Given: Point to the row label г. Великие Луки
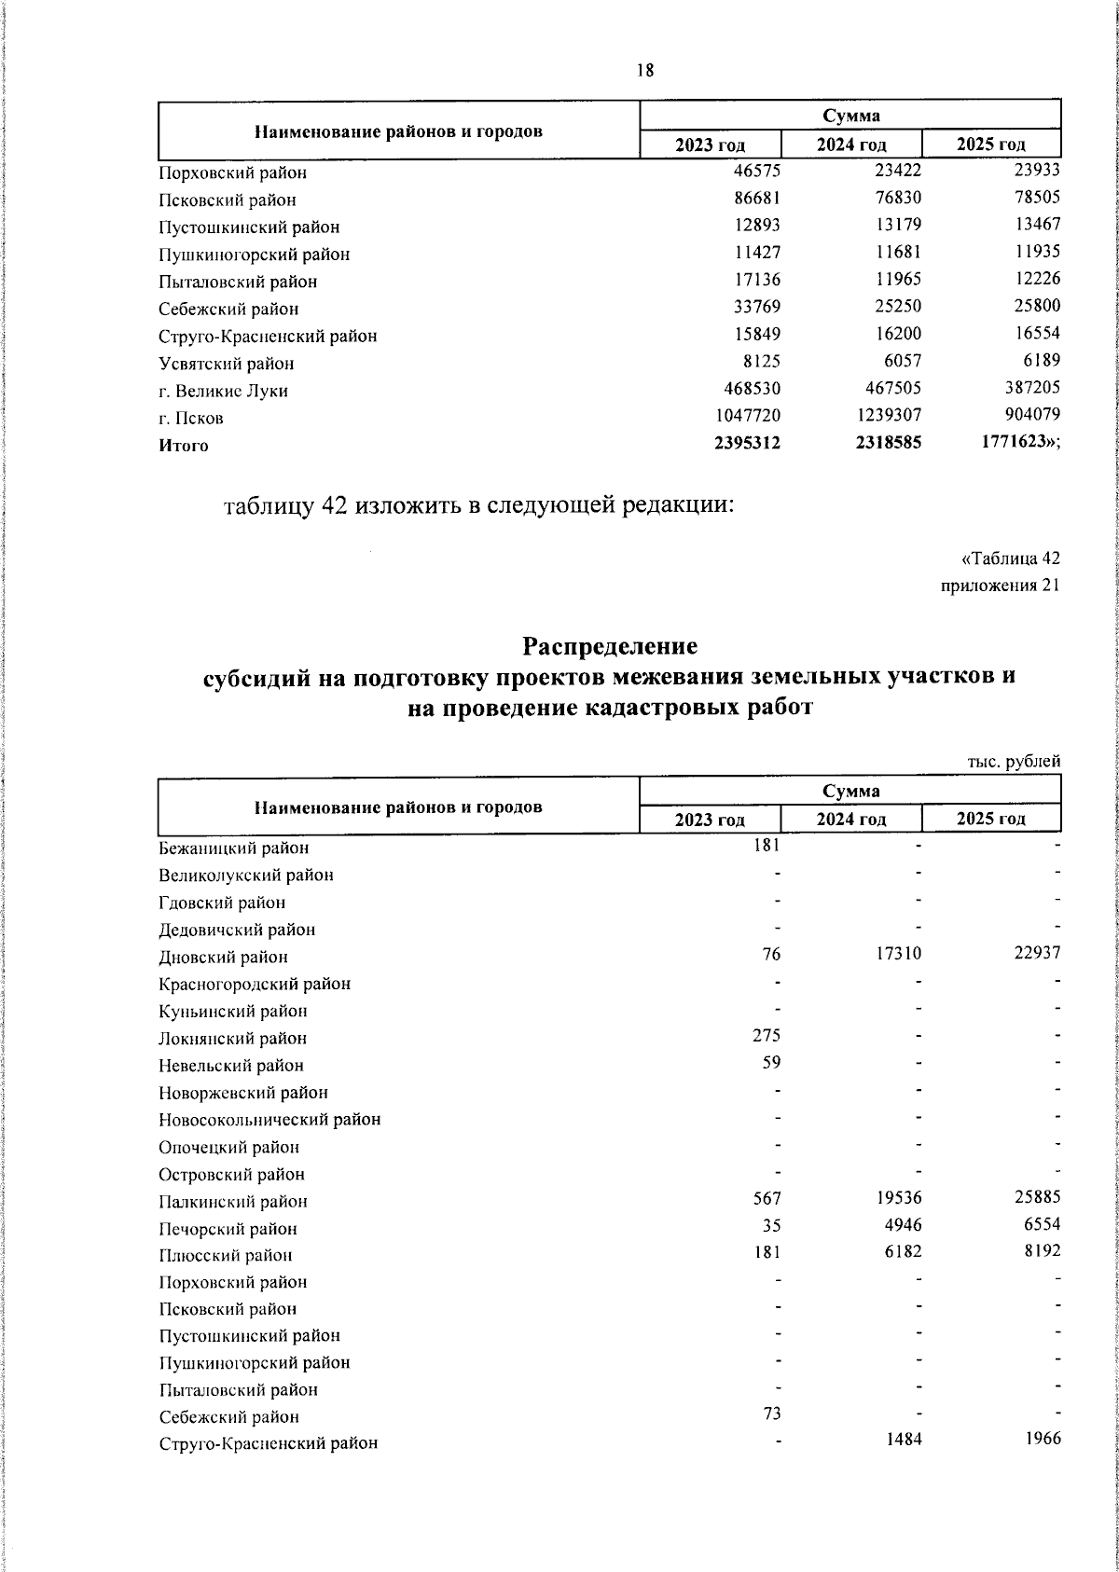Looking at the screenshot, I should pos(223,391).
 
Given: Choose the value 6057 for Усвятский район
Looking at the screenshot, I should pos(901,362).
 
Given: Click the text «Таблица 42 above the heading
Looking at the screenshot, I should pos(1010,559).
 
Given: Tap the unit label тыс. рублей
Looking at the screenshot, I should pos(1014,762).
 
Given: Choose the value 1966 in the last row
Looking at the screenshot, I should pos(1042,1438).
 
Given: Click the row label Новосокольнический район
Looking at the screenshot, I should pos(269,1119).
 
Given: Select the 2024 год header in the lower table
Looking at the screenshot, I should pos(850,820).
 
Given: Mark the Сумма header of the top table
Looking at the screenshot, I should pos(850,116).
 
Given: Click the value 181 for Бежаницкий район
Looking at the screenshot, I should pos(767,845).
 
